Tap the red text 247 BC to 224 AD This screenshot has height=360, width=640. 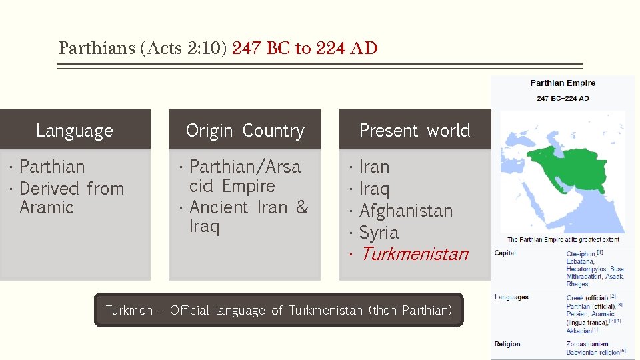[x=305, y=49]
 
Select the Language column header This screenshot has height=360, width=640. [x=75, y=131]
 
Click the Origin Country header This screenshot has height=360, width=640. [x=245, y=131]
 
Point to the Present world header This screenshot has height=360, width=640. [x=415, y=131]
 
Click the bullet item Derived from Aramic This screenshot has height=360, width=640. [x=72, y=198]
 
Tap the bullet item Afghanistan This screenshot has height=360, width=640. [x=405, y=211]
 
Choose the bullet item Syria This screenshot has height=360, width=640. [x=379, y=233]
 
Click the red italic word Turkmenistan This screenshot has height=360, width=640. [x=414, y=254]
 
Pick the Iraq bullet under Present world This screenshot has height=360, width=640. [x=374, y=189]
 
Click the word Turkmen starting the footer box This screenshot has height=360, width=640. [x=129, y=311]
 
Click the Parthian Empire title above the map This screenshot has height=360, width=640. [x=562, y=83]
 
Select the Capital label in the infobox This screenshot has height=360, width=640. [x=505, y=253]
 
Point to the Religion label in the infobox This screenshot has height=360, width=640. [x=507, y=344]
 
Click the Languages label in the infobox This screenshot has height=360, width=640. [x=511, y=297]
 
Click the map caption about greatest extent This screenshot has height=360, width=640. [x=563, y=239]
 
